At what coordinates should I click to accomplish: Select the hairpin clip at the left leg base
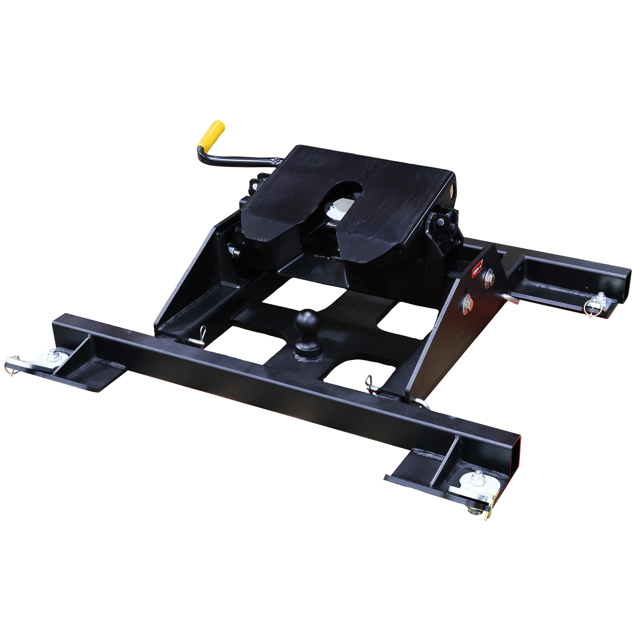click(200, 337)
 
